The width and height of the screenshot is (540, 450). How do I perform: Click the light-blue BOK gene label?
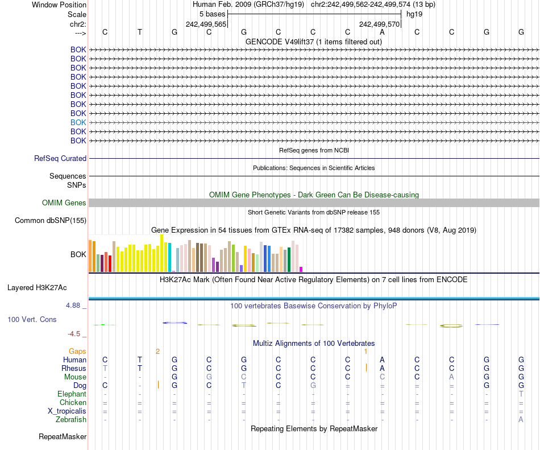[78, 122]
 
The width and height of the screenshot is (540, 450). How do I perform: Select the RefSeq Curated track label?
[60, 159]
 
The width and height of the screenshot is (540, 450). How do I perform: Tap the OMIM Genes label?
[64, 203]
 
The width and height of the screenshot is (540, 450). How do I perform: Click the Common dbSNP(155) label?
[51, 221]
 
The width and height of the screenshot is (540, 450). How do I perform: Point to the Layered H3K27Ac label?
[37, 288]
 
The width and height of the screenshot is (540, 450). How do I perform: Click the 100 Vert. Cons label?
[32, 320]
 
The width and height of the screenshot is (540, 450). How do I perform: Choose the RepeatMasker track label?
[63, 437]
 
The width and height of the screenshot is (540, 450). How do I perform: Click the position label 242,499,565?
[206, 24]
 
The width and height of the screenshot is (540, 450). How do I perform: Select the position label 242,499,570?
[380, 24]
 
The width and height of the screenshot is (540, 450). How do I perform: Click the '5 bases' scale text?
[212, 14]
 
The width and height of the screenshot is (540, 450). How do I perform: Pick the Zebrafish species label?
[71, 420]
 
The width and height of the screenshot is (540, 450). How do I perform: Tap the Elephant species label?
[72, 394]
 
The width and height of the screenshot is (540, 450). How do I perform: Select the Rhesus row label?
[74, 369]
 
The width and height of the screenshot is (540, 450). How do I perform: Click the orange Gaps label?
[77, 351]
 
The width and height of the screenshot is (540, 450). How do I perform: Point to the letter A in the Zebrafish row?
[521, 420]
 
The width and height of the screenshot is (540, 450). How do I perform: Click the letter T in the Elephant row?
[521, 394]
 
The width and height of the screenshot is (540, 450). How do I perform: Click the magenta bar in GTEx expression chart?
[301, 269]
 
